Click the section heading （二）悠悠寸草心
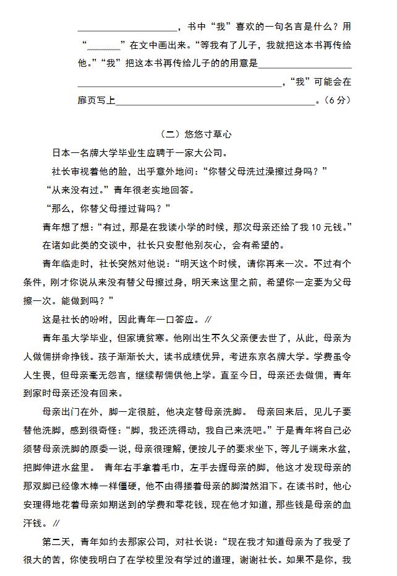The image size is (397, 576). (195, 134)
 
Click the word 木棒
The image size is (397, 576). (124, 485)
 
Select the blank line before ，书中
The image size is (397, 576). (127, 27)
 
